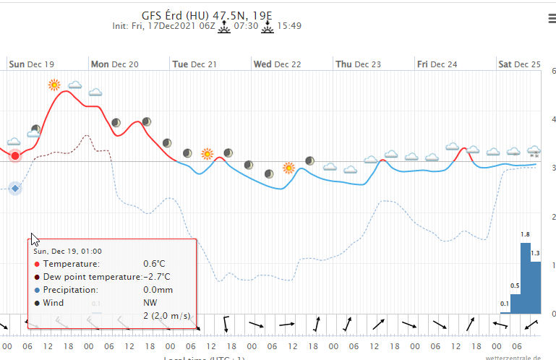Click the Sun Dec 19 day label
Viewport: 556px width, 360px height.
pos(31,64)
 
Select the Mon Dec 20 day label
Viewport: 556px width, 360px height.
pos(114,64)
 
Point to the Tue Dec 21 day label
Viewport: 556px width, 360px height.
pos(194,64)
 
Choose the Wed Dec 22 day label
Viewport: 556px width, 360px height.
pos(277,64)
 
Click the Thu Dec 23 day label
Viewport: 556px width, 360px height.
pos(358,64)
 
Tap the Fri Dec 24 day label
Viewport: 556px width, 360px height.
pos(437,64)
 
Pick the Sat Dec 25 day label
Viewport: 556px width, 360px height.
pos(519,64)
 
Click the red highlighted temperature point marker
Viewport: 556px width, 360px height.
pos(15,156)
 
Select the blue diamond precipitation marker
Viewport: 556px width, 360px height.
pos(14,189)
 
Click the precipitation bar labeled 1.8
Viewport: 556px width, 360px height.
pos(526,278)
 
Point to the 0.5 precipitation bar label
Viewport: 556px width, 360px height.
pos(516,286)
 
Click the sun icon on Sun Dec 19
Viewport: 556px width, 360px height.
pos(54,85)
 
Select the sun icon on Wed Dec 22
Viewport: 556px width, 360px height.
pos(288,168)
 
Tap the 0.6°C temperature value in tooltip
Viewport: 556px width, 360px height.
pos(157,264)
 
